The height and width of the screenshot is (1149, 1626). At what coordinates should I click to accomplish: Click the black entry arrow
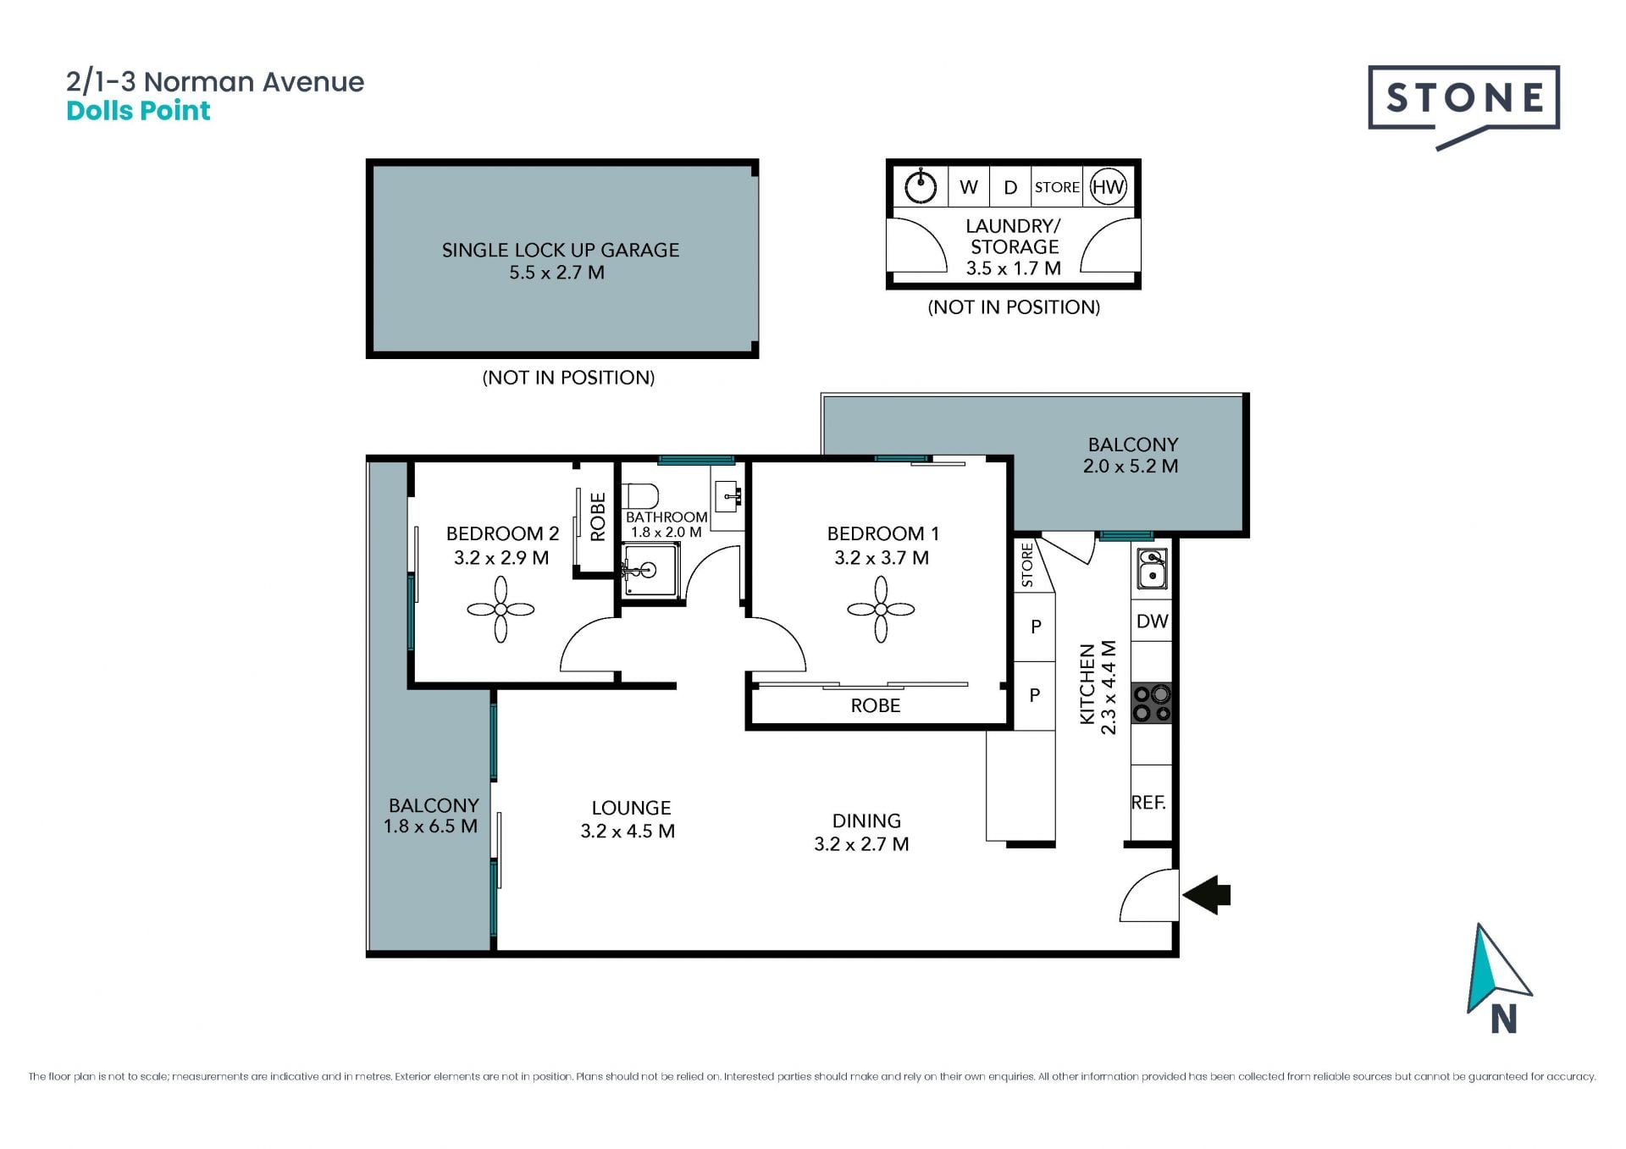[1206, 894]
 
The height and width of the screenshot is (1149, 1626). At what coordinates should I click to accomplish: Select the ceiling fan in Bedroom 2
[501, 610]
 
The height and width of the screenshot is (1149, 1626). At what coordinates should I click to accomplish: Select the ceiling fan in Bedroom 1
[881, 610]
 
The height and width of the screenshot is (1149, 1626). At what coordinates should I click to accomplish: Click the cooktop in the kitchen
[1152, 703]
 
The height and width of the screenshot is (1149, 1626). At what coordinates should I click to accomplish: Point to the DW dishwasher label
[1152, 621]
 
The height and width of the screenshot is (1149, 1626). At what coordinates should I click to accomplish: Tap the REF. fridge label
[1148, 802]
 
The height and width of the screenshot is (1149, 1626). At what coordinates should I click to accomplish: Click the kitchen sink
[1152, 568]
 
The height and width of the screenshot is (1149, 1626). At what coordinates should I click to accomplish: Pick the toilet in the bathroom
[640, 495]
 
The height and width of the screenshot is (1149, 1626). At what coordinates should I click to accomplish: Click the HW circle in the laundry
[1108, 187]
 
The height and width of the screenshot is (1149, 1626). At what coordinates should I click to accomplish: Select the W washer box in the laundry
[969, 187]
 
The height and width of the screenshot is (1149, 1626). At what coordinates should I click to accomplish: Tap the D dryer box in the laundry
[1010, 187]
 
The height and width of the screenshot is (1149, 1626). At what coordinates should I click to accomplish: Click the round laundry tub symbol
[921, 187]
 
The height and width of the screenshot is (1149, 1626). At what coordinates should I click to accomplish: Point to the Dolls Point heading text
[138, 111]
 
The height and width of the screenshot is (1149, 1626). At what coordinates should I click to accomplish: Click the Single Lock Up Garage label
[561, 250]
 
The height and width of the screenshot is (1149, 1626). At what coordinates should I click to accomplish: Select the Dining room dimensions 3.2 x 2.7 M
[861, 844]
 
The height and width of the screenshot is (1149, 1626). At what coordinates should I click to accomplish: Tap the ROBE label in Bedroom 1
[876, 705]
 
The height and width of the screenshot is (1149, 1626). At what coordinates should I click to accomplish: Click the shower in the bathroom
[650, 571]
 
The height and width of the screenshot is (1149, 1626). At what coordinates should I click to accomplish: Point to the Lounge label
[631, 808]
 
